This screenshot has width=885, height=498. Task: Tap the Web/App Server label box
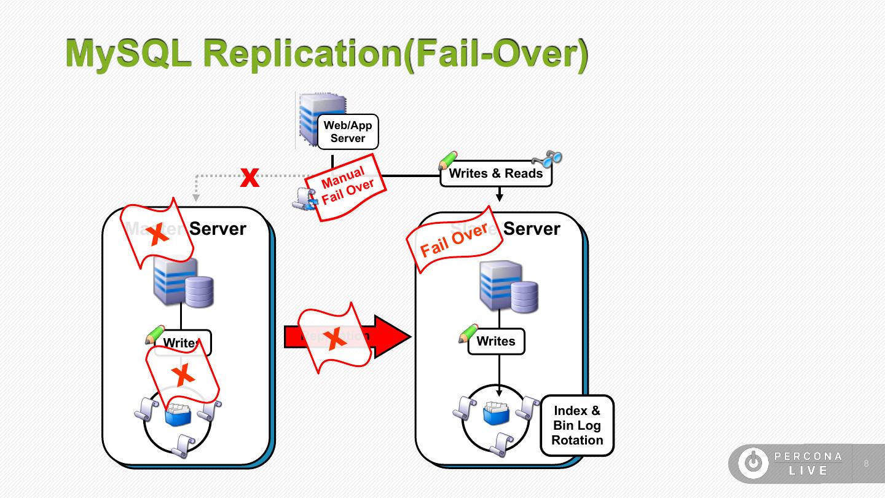coord(348,132)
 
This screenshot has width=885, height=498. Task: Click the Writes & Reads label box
coord(496,173)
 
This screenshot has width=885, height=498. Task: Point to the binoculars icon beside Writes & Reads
coord(548,158)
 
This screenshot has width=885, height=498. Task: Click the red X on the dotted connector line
coord(250,178)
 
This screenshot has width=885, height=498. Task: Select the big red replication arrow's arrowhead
coord(391,336)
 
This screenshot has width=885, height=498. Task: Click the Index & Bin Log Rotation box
coord(577,425)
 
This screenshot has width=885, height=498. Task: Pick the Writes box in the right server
coord(496,341)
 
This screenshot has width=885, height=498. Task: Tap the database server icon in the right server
coord(508,287)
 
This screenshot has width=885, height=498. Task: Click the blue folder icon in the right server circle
coord(496,413)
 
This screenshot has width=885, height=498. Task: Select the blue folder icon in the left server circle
coord(178,415)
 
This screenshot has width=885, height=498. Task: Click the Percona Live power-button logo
coord(753,463)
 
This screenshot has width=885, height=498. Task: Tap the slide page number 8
coord(867,464)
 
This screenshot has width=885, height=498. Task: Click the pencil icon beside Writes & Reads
coord(448,161)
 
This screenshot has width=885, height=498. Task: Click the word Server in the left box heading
coord(218,229)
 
